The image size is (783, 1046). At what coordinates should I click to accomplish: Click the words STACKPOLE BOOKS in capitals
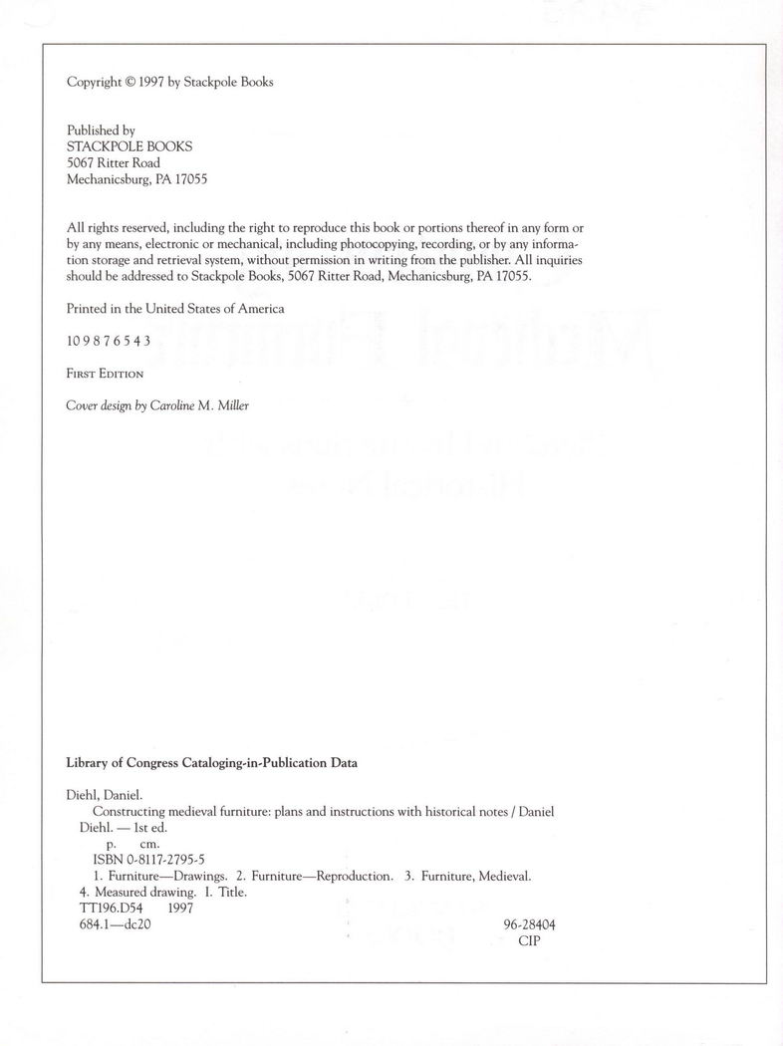pos(130,145)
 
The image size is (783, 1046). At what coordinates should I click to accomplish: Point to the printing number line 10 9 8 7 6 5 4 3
pos(109,340)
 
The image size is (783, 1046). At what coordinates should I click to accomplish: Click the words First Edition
pos(105,373)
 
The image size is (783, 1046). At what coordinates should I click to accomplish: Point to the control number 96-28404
pos(530,924)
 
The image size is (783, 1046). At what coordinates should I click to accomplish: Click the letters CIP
pos(530,940)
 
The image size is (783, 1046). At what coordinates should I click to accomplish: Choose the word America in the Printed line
pos(260,308)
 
